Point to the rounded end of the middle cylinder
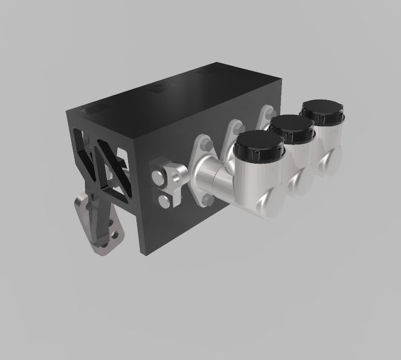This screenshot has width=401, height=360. coord(297,182)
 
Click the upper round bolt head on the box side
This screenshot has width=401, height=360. coord(158,177)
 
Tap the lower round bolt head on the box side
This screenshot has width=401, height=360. coord(164,201)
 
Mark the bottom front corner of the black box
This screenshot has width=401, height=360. coord(143,252)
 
